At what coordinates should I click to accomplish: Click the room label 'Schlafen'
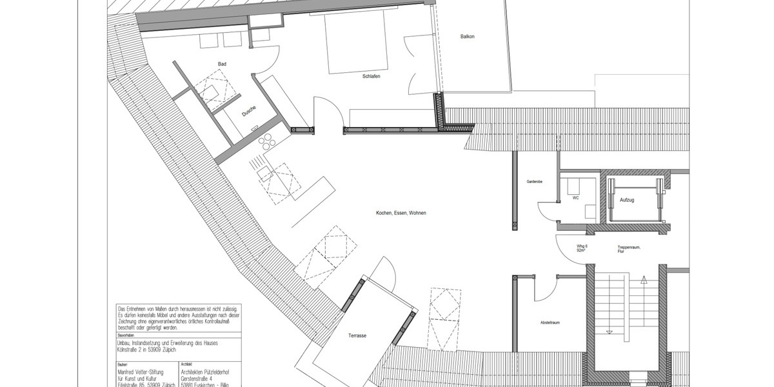[370, 77]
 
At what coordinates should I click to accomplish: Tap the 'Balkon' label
[467, 37]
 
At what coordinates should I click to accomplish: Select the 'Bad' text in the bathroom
[222, 64]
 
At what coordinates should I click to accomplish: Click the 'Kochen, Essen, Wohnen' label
[401, 213]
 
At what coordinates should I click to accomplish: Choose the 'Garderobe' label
[534, 183]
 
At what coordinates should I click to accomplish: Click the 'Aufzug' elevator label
[626, 201]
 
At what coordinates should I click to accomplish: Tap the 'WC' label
[575, 198]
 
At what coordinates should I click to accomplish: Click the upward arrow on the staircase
[643, 281]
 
